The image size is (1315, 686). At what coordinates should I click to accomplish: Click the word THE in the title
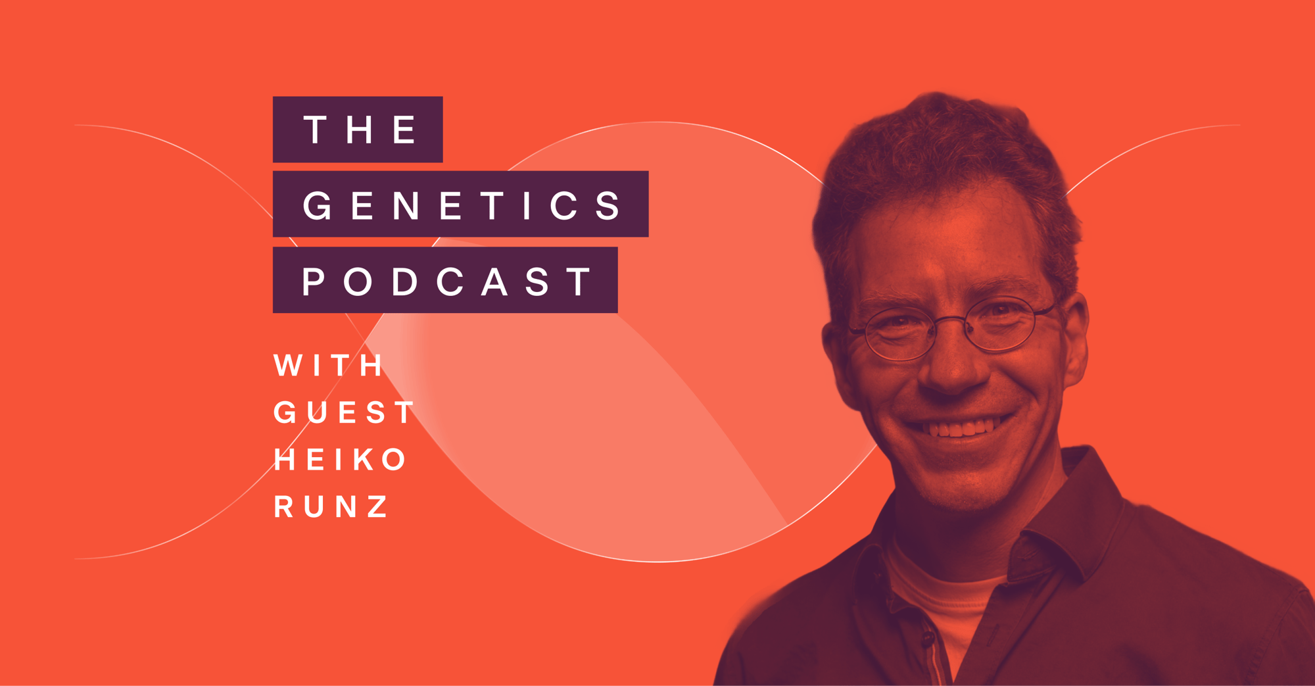pos(360,129)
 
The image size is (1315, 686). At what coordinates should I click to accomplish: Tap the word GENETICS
pos(462,205)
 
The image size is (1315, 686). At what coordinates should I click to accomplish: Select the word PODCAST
pos(447,282)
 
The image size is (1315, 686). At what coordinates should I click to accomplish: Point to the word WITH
pos(328,366)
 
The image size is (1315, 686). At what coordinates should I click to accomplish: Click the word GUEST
pos(344,413)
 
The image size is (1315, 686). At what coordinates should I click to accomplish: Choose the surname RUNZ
pos(331,506)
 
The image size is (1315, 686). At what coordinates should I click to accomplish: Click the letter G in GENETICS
pos(318,205)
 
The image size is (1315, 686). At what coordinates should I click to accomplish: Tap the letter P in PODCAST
pos(314,282)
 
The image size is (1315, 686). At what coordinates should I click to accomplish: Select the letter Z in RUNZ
pos(378,506)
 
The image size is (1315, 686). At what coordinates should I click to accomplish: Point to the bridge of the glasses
pos(951,321)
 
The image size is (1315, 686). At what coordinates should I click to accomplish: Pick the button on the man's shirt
pos(928,637)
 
